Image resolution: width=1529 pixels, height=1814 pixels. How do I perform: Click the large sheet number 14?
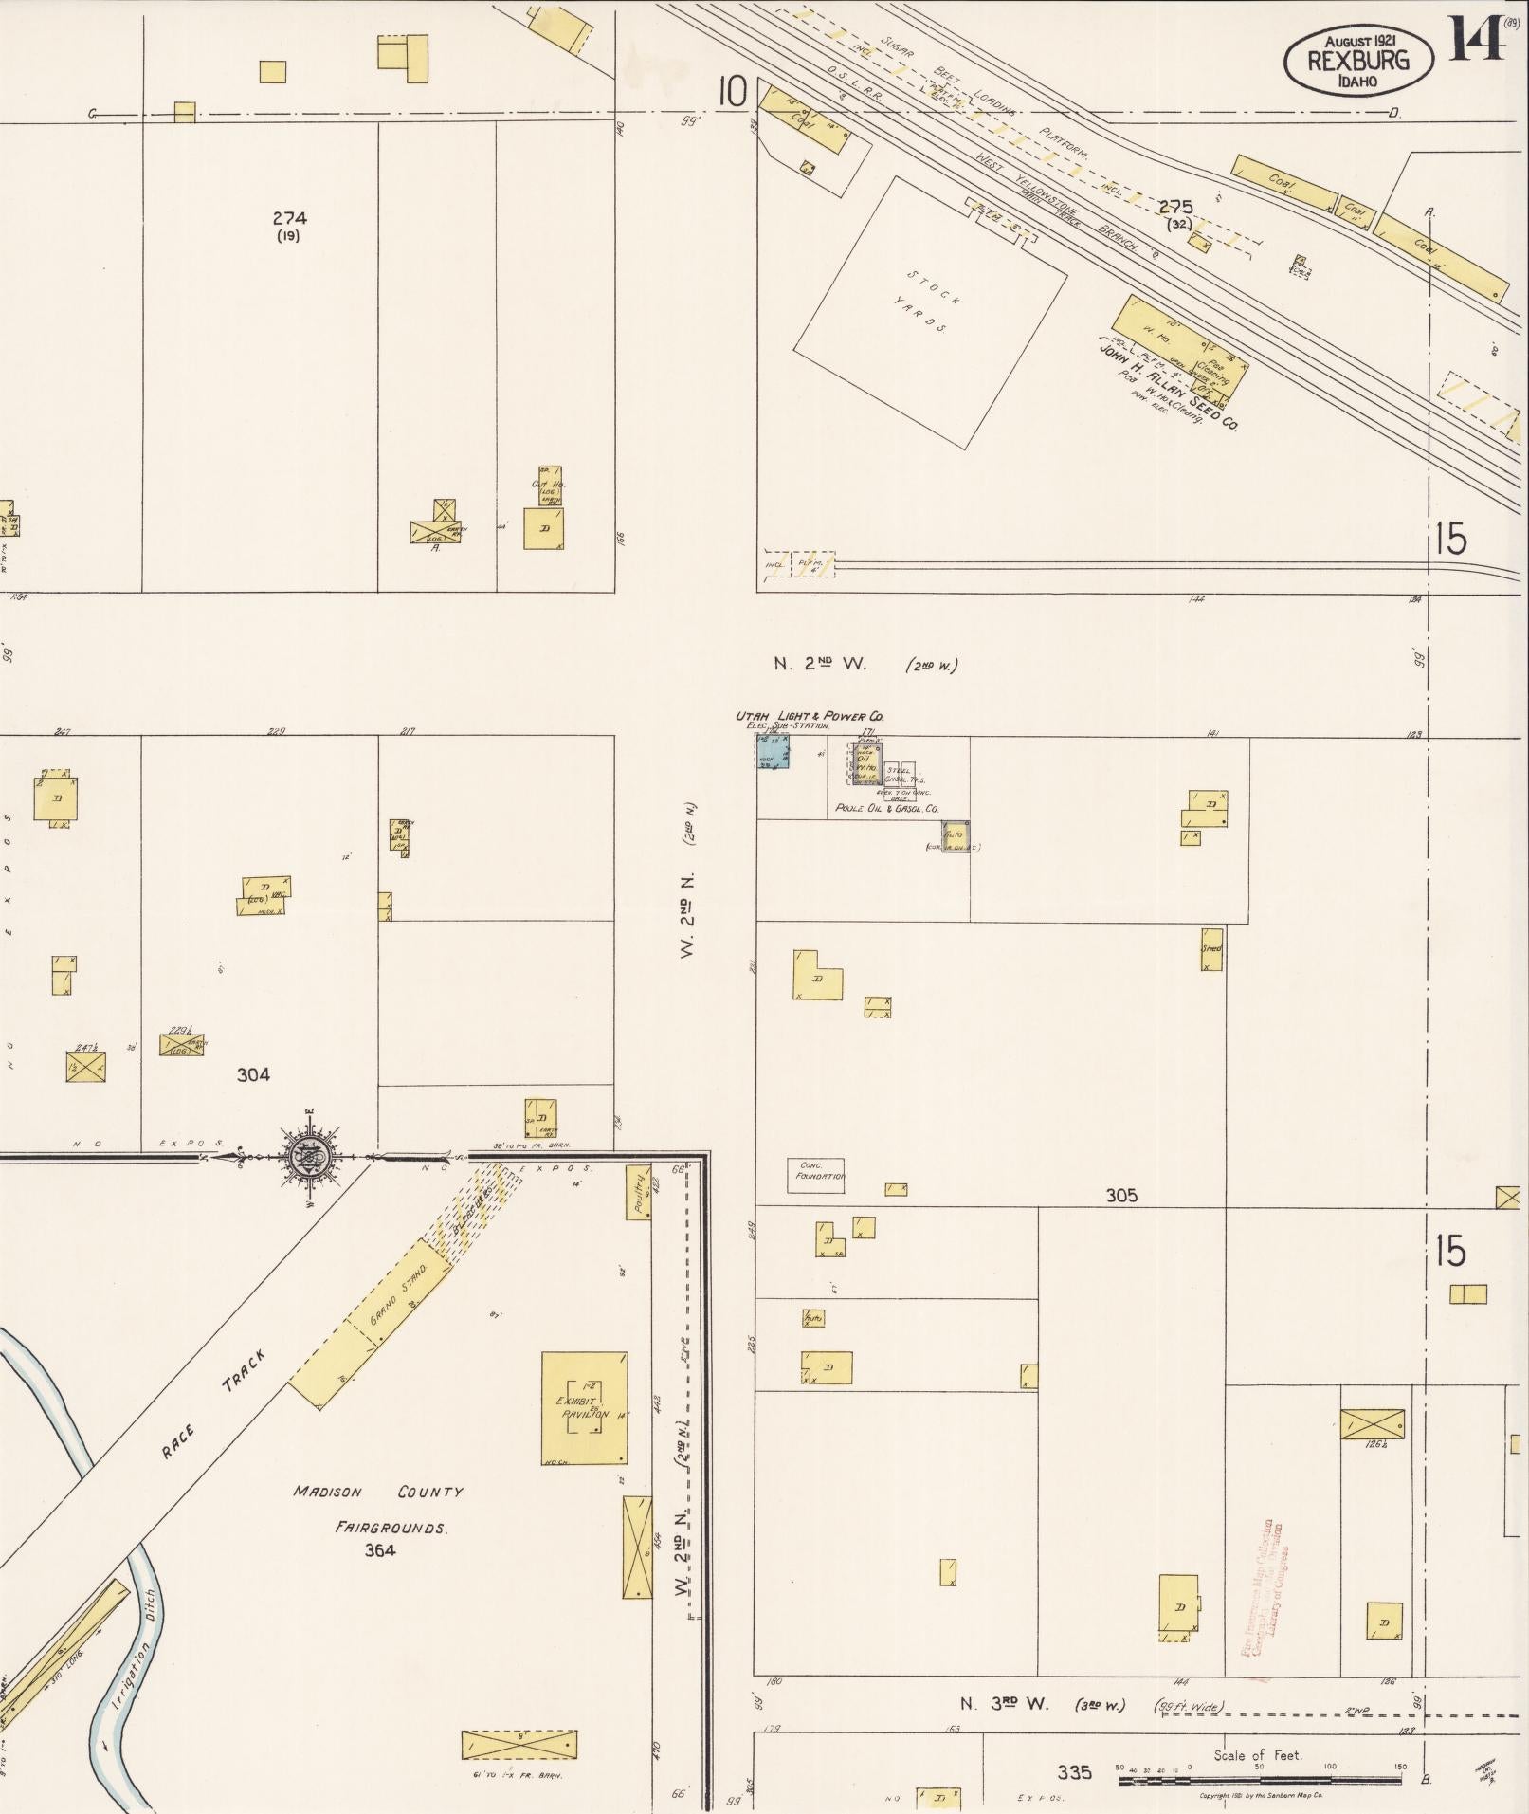1475,40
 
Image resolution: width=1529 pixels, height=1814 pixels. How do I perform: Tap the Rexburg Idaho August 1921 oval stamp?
1358,60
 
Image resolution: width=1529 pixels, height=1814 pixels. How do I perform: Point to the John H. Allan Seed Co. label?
1168,387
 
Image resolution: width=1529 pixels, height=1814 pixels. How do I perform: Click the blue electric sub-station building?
773,750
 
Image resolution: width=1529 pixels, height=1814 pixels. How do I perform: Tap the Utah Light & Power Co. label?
810,717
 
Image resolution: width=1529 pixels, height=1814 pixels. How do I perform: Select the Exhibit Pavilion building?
584,1407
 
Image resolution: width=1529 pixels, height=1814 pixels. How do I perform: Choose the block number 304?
253,1074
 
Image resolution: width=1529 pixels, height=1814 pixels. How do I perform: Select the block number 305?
1121,1196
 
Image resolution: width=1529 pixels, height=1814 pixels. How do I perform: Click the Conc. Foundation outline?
816,1176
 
